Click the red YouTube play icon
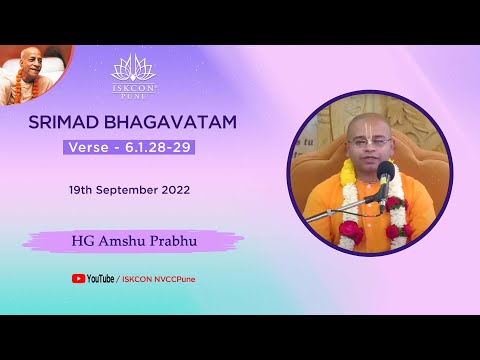pos(78,279)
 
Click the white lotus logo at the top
pos(133,67)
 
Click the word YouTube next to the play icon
pos(100,279)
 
